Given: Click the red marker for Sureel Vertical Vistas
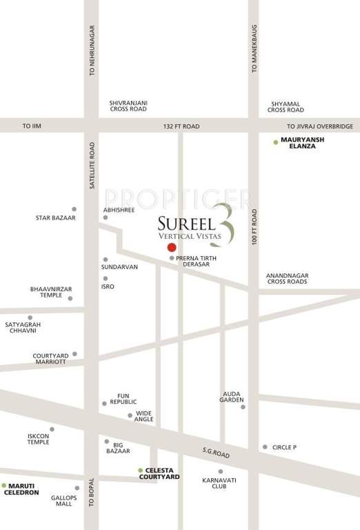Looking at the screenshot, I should tap(172, 247).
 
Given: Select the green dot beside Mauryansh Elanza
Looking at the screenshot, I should tap(275, 141).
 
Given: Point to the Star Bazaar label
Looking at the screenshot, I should tap(56, 218).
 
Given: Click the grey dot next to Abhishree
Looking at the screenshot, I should tap(106, 217).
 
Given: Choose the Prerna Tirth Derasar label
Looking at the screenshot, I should tap(197, 261).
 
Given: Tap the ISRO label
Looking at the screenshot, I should tap(108, 286).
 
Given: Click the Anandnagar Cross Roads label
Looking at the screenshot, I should tap(287, 279).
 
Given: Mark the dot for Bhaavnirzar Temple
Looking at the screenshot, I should tap(70, 298).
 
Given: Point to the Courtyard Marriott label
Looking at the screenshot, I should tap(50, 360).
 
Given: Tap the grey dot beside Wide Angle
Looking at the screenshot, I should tap(130, 415).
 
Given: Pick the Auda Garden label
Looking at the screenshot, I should tap(232, 397).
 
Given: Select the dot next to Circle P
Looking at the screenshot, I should tap(265, 446).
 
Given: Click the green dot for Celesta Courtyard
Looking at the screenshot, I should tap(140, 470).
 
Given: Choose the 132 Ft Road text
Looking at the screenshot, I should tap(181, 127).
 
